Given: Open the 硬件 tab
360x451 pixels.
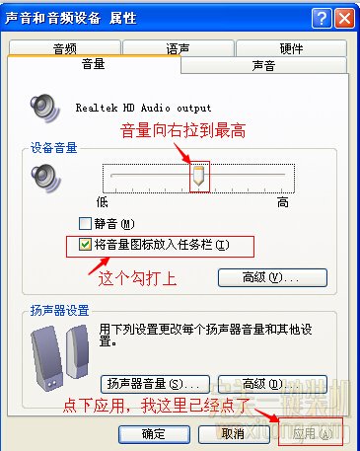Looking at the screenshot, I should [x=291, y=47].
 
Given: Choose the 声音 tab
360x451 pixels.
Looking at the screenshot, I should [x=263, y=65].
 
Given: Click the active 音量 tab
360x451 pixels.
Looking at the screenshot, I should [x=94, y=64].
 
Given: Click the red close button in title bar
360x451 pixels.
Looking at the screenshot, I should [x=343, y=17].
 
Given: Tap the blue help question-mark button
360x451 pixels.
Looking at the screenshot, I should [x=323, y=17].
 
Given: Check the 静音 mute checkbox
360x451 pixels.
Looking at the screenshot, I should [x=84, y=224].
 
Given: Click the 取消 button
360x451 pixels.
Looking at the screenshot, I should [x=233, y=433].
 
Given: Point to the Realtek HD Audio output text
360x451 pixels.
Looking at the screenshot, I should [x=144, y=108].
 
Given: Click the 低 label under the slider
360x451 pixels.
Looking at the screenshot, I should [x=100, y=201].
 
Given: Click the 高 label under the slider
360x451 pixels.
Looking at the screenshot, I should [x=282, y=201].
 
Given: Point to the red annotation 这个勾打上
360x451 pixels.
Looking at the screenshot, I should [x=137, y=279].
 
